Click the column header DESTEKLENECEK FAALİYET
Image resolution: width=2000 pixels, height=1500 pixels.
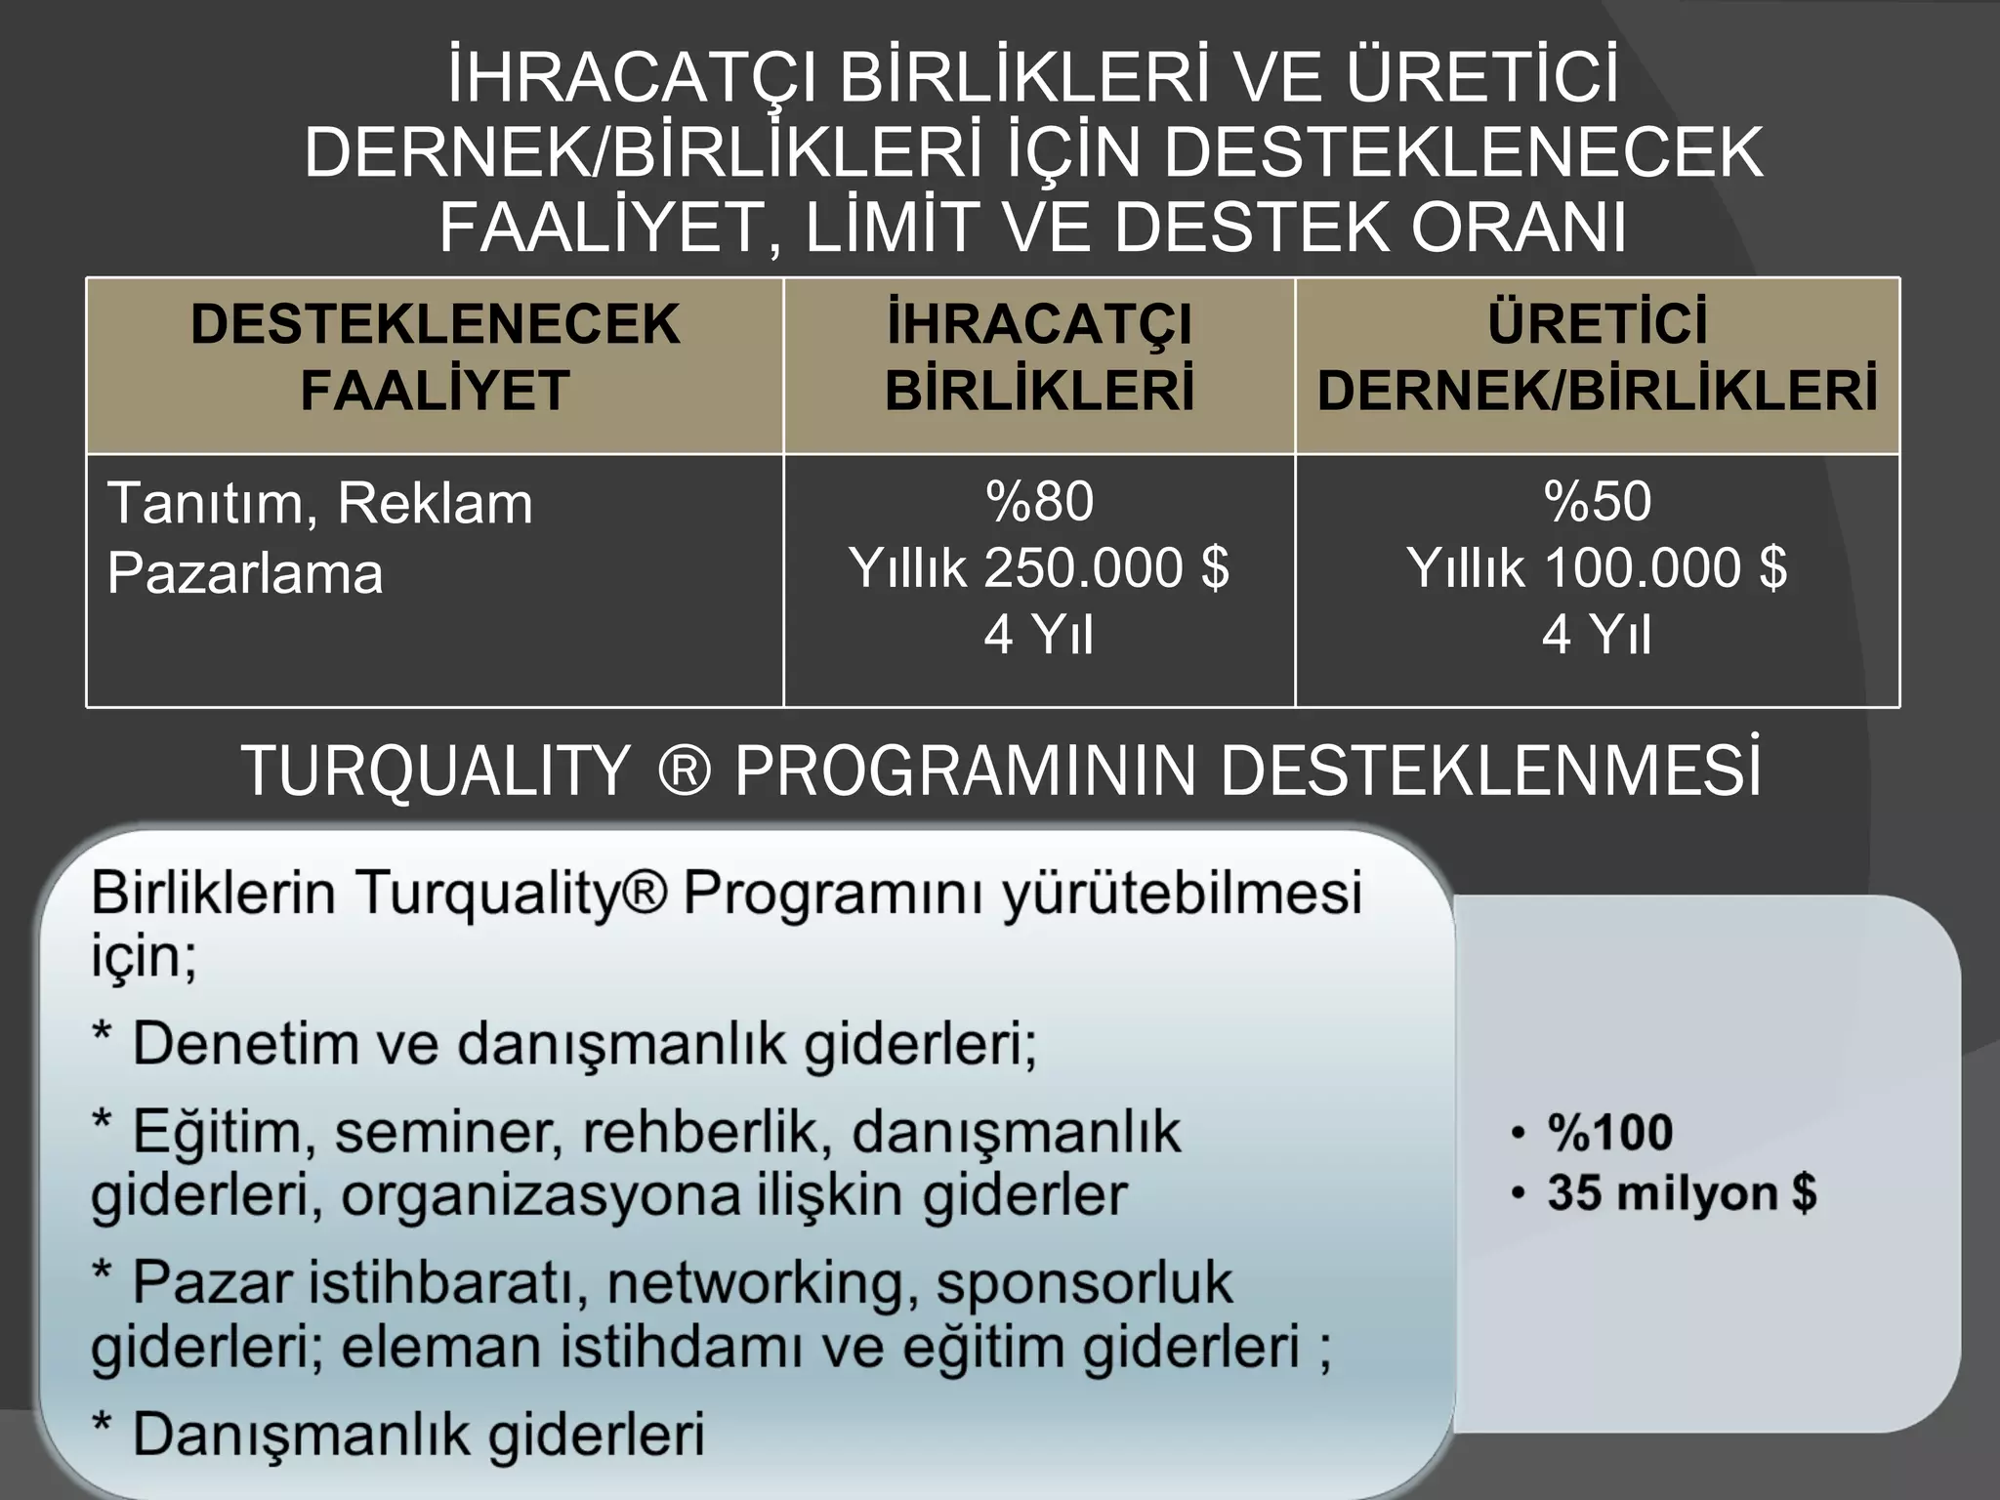point(435,357)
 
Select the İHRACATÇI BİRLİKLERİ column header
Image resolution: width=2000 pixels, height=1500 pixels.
point(1039,357)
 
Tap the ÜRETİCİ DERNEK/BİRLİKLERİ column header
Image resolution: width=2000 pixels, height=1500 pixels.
point(1597,357)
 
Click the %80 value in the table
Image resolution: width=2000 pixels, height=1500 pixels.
point(1039,502)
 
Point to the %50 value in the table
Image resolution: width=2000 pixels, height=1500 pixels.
point(1597,502)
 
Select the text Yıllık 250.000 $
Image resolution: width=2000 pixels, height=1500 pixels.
point(1039,568)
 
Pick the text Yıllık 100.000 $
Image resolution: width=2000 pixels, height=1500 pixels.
point(1597,568)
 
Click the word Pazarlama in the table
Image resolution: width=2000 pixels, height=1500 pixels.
point(245,573)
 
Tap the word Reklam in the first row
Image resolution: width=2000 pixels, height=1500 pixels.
point(435,504)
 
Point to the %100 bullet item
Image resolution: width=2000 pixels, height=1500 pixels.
point(1609,1133)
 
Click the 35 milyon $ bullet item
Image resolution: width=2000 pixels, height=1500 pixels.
point(1681,1193)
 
